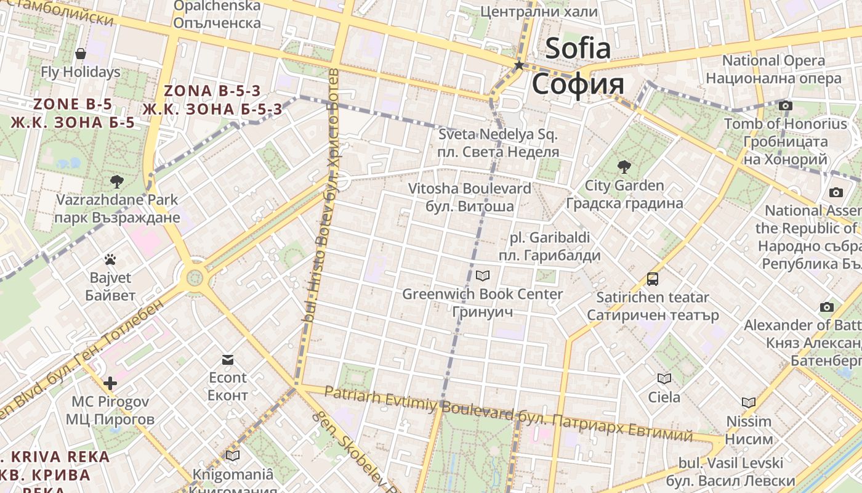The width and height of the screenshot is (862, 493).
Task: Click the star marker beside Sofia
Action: pyautogui.click(x=519, y=65)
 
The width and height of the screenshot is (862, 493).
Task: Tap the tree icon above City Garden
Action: pyautogui.click(x=624, y=166)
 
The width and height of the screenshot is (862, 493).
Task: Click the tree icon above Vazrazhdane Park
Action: pyautogui.click(x=116, y=181)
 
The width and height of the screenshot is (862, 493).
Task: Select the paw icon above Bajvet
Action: pyautogui.click(x=110, y=259)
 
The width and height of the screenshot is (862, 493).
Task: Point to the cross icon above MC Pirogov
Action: pyautogui.click(x=110, y=383)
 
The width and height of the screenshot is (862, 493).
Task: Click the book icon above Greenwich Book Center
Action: pyautogui.click(x=483, y=275)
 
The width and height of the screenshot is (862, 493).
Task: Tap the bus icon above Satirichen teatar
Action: pyautogui.click(x=653, y=279)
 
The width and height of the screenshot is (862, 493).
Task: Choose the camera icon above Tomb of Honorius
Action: pyautogui.click(x=785, y=105)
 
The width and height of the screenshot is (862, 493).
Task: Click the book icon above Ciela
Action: pyautogui.click(x=664, y=378)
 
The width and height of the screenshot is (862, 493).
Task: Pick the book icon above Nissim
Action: pyautogui.click(x=748, y=403)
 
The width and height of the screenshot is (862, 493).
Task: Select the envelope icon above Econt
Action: pyautogui.click(x=228, y=359)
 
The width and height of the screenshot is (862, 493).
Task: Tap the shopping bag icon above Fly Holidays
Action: pyautogui.click(x=81, y=54)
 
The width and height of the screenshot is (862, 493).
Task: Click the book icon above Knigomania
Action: pyautogui.click(x=232, y=456)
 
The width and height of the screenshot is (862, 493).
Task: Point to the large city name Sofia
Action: pyautogui.click(x=578, y=48)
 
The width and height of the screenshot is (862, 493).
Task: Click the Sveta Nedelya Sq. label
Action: pyautogui.click(x=497, y=134)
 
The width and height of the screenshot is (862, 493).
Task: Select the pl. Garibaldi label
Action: pyautogui.click(x=549, y=238)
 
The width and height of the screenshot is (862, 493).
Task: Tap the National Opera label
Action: pyautogui.click(x=773, y=60)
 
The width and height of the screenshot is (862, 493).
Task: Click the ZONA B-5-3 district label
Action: pyautogui.click(x=212, y=91)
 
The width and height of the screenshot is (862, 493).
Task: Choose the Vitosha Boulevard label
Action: pyautogui.click(x=469, y=189)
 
